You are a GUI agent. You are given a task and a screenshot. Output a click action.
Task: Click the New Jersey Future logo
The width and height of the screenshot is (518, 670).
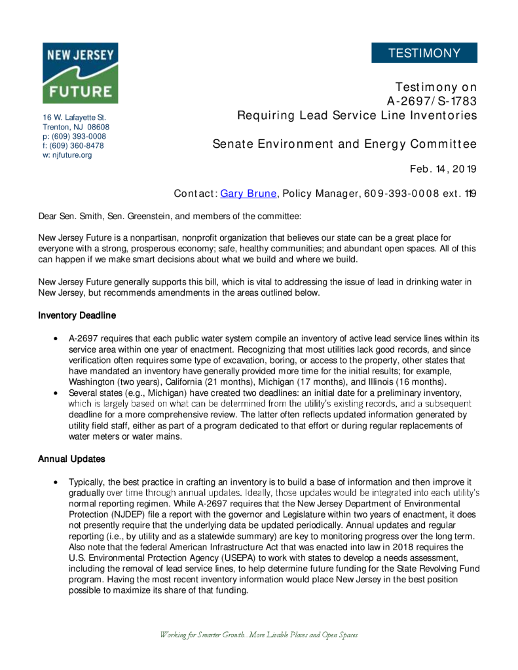pos(80,73)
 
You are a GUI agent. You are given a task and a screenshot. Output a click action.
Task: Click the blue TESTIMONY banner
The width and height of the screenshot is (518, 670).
pos(424,53)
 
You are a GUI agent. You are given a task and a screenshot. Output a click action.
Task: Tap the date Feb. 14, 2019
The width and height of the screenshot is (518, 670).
pos(443,169)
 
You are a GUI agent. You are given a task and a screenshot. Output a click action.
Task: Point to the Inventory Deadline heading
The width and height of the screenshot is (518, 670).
pos(77,315)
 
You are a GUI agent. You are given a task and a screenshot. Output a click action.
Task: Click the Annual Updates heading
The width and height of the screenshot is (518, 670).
pos(71,459)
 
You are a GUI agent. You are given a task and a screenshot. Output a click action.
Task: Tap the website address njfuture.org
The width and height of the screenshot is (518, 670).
pos(71,155)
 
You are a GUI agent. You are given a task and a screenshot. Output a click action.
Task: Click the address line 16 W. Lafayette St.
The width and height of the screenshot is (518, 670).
pos(74,117)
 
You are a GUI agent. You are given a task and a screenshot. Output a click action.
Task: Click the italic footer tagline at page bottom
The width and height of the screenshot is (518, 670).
pos(259,635)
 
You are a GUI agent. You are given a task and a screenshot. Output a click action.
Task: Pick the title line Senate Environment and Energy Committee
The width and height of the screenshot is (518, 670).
pos(344,144)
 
